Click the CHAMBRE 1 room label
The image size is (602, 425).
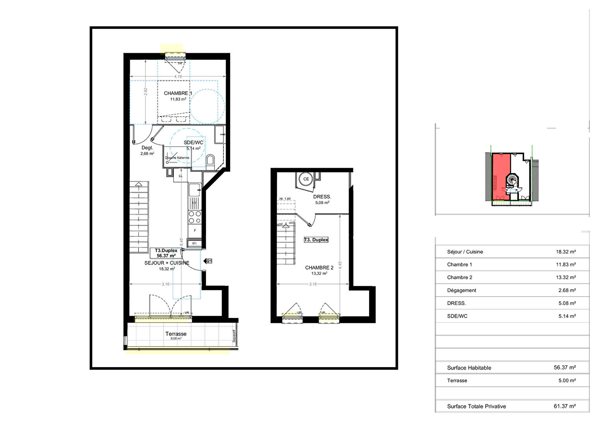coord(178,94)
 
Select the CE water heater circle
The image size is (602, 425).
coord(306,179)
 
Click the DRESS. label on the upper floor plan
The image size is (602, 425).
coord(322,197)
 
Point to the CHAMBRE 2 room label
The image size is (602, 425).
coord(319,268)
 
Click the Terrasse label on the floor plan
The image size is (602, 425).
coord(176,334)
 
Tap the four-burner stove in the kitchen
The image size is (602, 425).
coord(194,217)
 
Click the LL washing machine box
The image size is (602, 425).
coord(180,176)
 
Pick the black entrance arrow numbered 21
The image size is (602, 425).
coord(208,261)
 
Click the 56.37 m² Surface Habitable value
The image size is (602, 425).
coord(565,368)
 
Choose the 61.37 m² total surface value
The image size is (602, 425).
coord(565,406)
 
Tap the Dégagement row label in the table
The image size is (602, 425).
coord(461,290)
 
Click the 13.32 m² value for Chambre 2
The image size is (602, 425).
coord(566,277)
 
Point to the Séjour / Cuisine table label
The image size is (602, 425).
coord(465,252)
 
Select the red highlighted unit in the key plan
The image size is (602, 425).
coord(500,177)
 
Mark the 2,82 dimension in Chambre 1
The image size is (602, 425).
coord(145,92)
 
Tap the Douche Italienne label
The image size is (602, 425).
coord(177,158)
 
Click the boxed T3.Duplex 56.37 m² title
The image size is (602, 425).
coord(166,253)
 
